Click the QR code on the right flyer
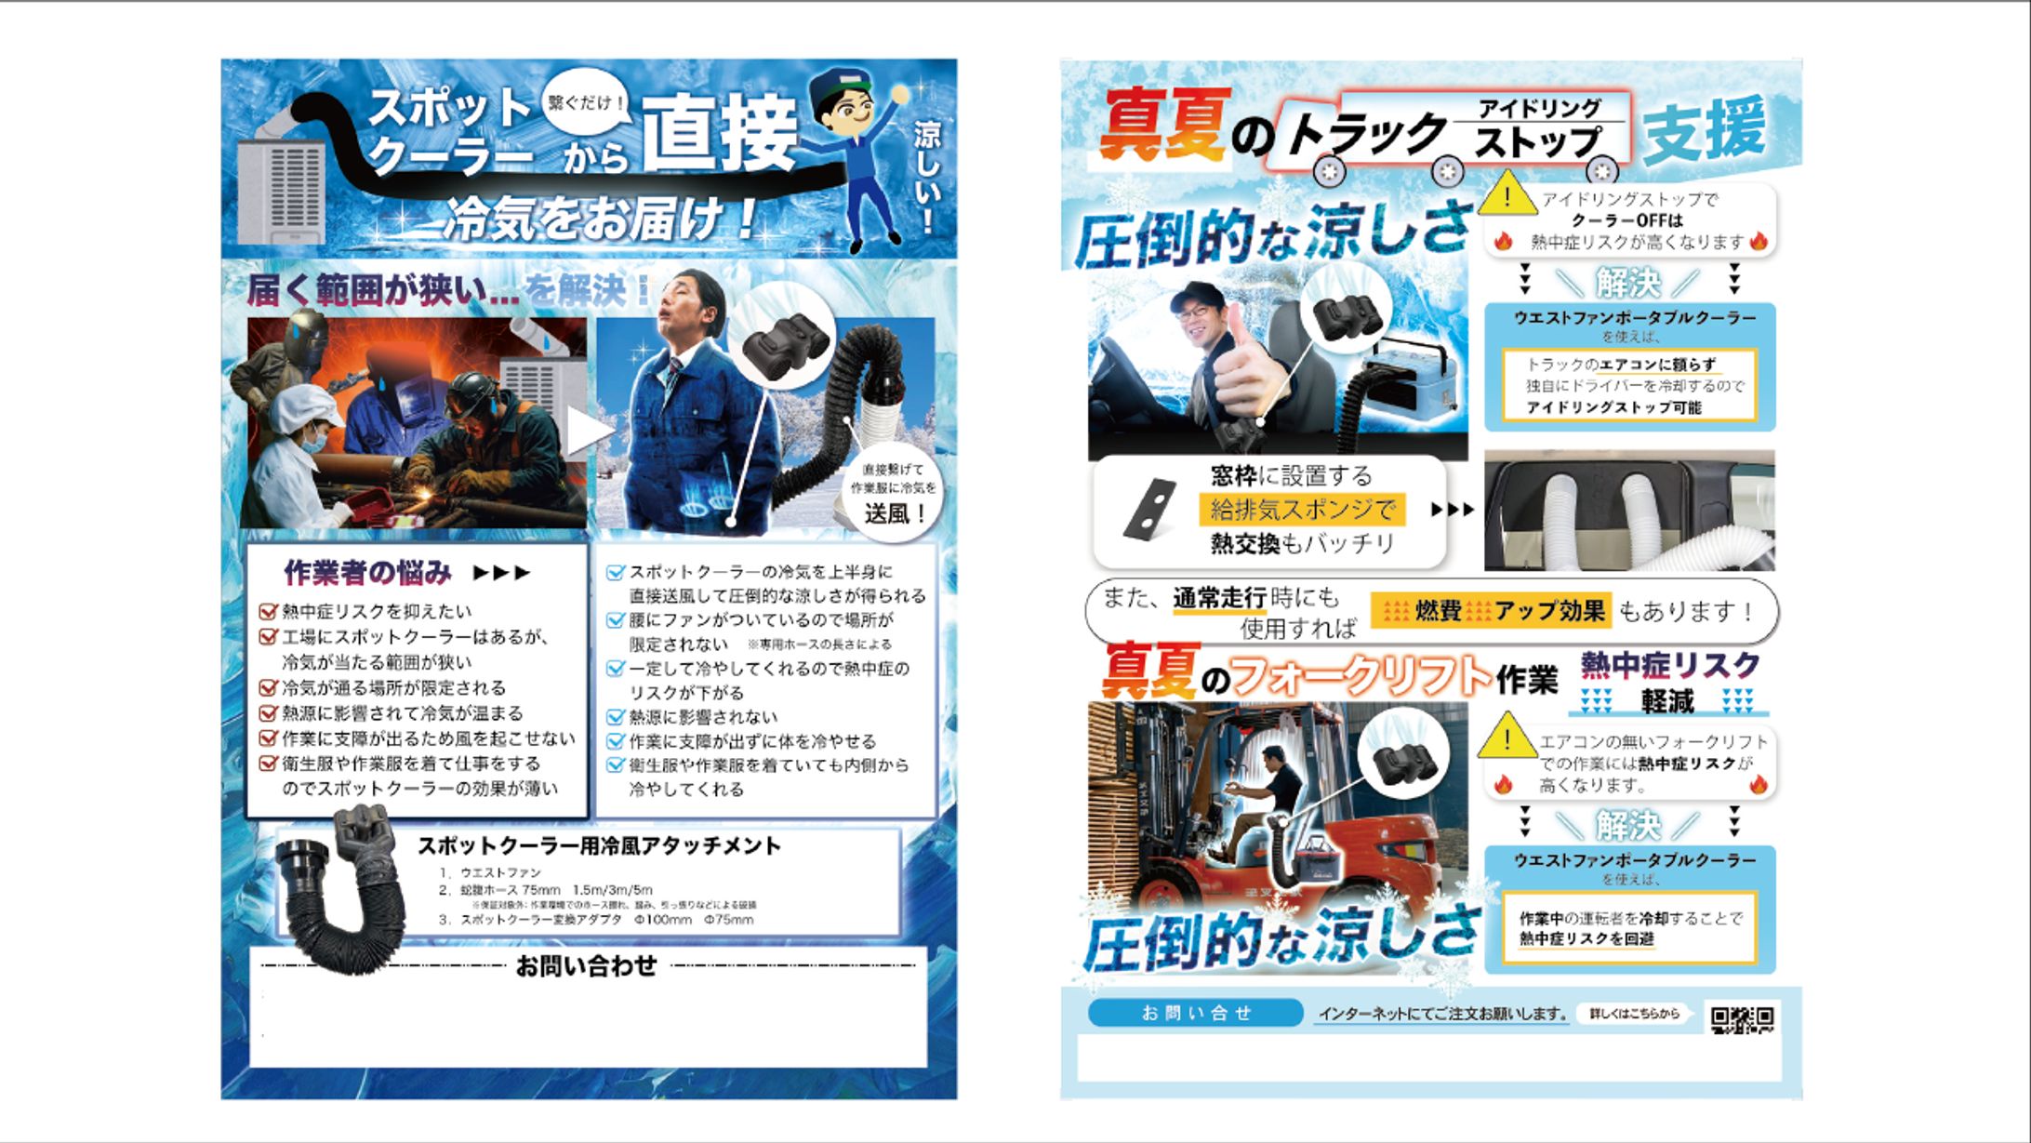[x=1743, y=1020]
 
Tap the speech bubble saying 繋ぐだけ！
[x=586, y=102]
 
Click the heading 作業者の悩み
[x=368, y=573]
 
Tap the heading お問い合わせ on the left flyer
[x=586, y=966]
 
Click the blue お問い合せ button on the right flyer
[x=1195, y=1013]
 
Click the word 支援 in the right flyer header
[x=1704, y=130]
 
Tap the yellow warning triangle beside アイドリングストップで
[x=1507, y=196]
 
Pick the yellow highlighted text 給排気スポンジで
[x=1302, y=510]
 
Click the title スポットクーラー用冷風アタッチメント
[x=598, y=845]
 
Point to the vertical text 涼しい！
[x=926, y=177]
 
